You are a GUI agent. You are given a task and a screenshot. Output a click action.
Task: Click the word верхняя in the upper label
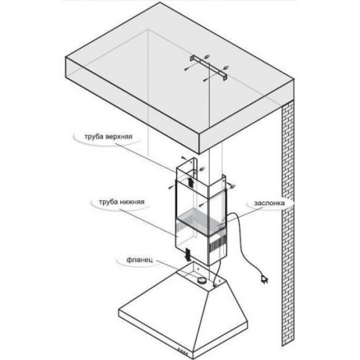(119, 137)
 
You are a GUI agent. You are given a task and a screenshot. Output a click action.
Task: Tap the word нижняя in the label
(132, 202)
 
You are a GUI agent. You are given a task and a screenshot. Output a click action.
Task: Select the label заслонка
(269, 203)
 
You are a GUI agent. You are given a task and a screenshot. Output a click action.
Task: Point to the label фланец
(139, 260)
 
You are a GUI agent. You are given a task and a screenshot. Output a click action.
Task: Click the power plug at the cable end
(264, 280)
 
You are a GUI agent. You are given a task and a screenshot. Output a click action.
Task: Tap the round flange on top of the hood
(201, 280)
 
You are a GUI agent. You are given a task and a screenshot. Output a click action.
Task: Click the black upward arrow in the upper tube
(192, 182)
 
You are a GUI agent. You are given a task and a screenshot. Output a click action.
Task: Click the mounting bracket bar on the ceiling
(209, 68)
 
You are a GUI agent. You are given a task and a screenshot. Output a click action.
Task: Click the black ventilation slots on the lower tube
(217, 246)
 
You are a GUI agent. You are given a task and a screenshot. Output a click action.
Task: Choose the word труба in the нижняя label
(109, 202)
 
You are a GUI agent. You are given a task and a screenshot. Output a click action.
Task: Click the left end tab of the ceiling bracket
(193, 59)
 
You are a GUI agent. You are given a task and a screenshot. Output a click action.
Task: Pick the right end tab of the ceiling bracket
(225, 77)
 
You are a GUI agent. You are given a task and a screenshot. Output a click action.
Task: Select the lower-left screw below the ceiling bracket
(205, 79)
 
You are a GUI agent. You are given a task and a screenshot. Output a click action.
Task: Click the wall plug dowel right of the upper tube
(232, 185)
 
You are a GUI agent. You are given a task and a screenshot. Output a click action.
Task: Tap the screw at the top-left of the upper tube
(183, 158)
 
